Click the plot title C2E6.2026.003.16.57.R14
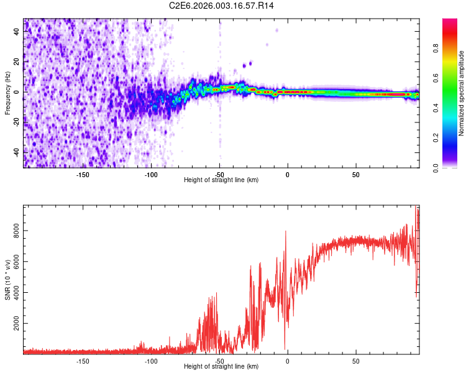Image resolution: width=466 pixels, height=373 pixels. point(221,6)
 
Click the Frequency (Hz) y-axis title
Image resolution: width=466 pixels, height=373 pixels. point(7,93)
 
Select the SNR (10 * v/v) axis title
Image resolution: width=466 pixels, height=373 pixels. point(7,280)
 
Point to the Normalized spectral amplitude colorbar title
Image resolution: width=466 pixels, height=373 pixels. point(462,93)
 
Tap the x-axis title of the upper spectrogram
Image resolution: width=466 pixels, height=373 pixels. point(221,180)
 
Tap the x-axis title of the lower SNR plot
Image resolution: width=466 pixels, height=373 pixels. point(221,366)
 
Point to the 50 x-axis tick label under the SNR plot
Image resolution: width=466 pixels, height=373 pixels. point(355,360)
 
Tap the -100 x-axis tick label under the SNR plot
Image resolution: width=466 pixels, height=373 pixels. point(151,360)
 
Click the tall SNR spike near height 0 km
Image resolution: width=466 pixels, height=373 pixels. point(286,233)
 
